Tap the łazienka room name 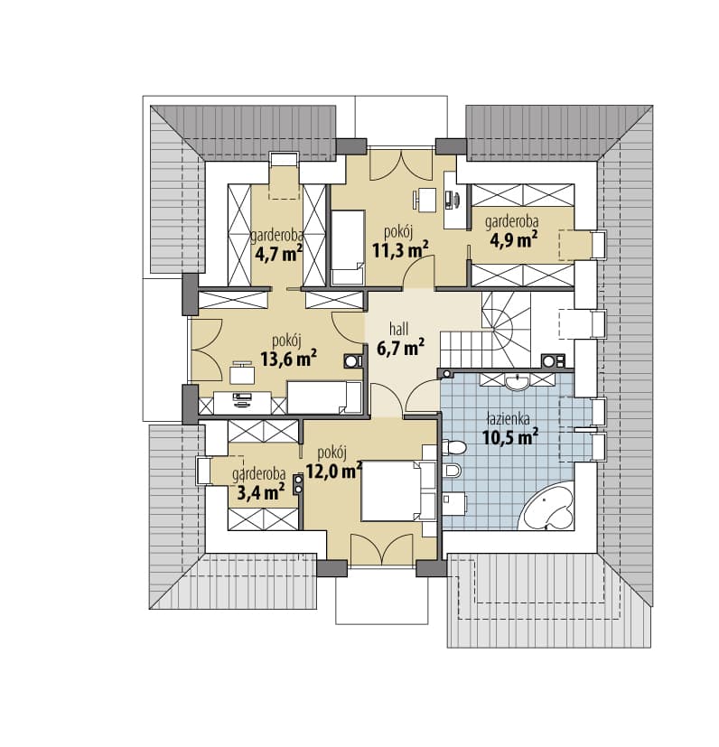(x=509, y=419)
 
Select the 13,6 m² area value (x=289, y=359)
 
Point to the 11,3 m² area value (x=400, y=249)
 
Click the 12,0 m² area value (x=333, y=471)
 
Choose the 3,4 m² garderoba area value (x=261, y=491)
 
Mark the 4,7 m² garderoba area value (x=279, y=254)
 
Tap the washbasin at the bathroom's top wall (x=517, y=382)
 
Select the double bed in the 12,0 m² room (x=398, y=491)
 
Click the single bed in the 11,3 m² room (x=348, y=247)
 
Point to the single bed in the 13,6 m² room (x=325, y=397)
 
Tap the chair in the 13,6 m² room (x=242, y=372)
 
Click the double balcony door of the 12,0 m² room (x=382, y=550)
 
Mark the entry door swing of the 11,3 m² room (x=419, y=273)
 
